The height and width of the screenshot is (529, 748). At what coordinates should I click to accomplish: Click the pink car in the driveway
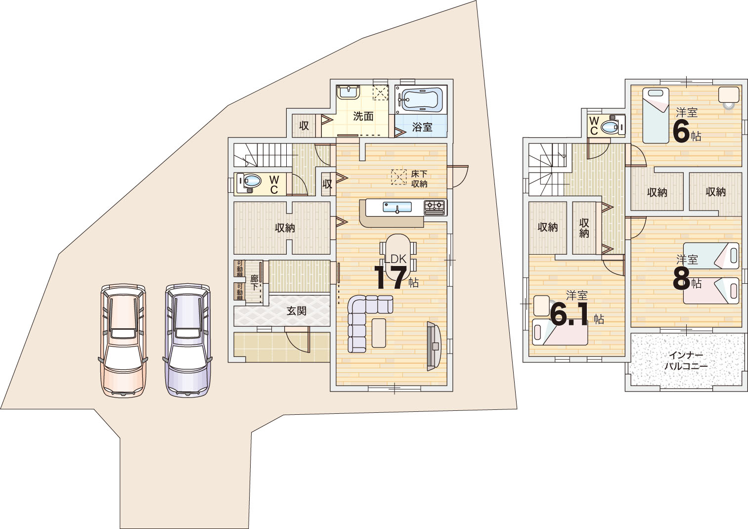click(x=123, y=340)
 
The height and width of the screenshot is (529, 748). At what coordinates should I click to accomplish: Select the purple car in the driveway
click(x=187, y=340)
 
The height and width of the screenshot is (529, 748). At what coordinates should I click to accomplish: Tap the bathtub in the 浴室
click(x=422, y=99)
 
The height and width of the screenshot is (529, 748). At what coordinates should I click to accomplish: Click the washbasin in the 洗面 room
click(x=348, y=92)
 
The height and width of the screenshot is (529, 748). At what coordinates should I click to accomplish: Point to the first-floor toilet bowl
click(x=250, y=181)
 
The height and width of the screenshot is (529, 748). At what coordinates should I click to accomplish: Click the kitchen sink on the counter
click(x=397, y=207)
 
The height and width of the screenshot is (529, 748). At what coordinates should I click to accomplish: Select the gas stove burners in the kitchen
click(x=435, y=207)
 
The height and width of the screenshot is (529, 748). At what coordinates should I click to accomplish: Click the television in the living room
click(x=434, y=346)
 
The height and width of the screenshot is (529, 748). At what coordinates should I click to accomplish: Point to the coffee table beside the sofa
click(x=379, y=333)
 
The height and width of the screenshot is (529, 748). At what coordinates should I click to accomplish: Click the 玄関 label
click(x=297, y=311)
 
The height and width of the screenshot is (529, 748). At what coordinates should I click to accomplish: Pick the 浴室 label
click(x=422, y=127)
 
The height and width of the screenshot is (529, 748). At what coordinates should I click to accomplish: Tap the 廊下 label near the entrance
click(x=254, y=283)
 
